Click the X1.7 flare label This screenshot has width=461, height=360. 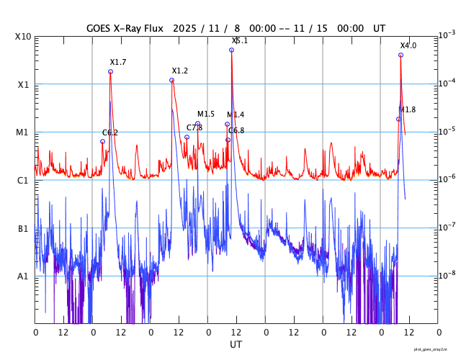click(118, 63)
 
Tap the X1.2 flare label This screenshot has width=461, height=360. click(179, 71)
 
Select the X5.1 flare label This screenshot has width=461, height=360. click(240, 41)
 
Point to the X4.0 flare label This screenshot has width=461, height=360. click(408, 45)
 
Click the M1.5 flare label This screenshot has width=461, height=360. click(206, 114)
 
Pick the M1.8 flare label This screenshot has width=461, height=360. click(407, 109)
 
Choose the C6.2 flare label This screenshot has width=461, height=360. click(110, 132)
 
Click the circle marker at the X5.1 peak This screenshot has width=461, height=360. click(231, 50)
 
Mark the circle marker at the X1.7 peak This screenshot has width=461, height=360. click(110, 71)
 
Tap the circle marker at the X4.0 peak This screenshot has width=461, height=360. click(400, 55)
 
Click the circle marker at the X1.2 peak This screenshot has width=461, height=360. click(171, 80)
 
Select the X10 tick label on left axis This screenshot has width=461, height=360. click(22, 37)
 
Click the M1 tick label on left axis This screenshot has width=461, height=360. click(22, 132)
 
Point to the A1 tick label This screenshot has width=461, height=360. click(23, 276)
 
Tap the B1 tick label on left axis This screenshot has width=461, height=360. click(23, 228)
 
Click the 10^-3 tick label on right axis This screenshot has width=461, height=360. click(447, 35)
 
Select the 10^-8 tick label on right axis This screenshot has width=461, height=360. click(447, 274)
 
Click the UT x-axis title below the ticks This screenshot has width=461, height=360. click(236, 345)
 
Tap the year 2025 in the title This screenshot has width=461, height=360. click(188, 28)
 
